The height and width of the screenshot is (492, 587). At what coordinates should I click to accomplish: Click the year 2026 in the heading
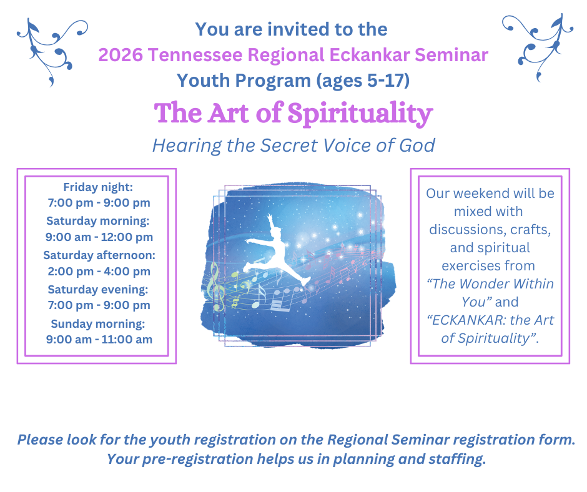(x=121, y=55)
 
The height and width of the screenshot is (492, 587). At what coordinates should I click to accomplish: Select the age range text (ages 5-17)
(x=363, y=81)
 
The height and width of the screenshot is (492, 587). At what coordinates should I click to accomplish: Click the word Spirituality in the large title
(x=360, y=114)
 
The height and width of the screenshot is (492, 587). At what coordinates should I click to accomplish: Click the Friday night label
(x=97, y=187)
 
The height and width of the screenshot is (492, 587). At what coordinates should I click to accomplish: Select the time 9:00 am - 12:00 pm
(x=99, y=237)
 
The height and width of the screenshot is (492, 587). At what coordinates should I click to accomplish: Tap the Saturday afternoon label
(x=99, y=255)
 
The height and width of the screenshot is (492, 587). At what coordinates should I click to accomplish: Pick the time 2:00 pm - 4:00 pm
(x=99, y=272)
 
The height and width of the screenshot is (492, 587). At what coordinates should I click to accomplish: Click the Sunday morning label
(x=97, y=324)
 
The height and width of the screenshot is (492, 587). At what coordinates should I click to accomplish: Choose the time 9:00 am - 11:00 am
(x=99, y=340)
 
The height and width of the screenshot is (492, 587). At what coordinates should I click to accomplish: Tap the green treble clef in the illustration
(x=216, y=287)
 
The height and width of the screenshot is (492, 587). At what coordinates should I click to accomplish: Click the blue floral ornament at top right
(x=538, y=47)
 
